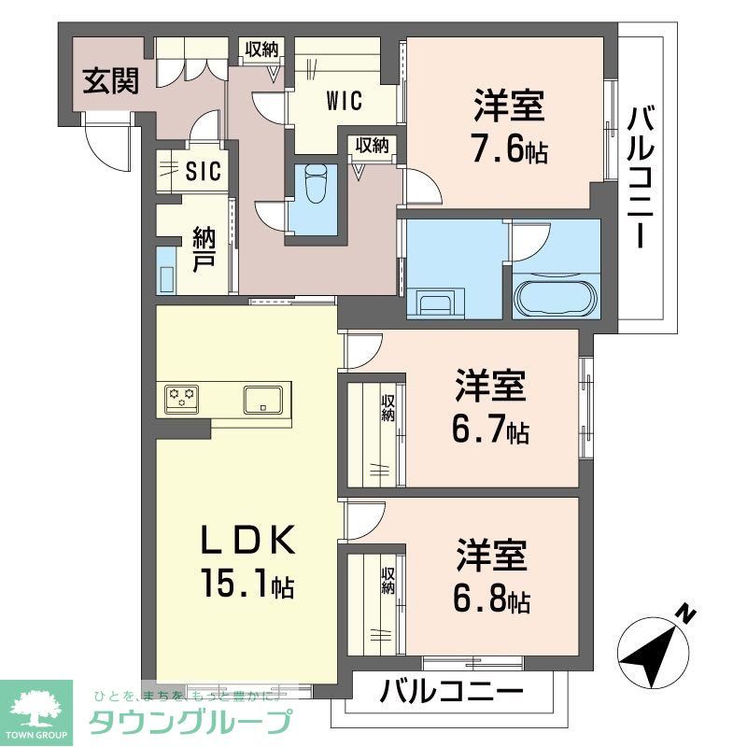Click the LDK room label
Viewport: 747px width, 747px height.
(249, 542)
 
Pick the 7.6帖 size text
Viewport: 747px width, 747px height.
(509, 149)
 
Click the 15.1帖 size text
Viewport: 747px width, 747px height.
(247, 585)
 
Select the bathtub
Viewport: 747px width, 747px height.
(555, 297)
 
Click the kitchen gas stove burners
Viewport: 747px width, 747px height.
(183, 400)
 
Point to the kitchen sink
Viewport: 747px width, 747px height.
(265, 399)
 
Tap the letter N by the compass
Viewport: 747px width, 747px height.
(686, 613)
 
